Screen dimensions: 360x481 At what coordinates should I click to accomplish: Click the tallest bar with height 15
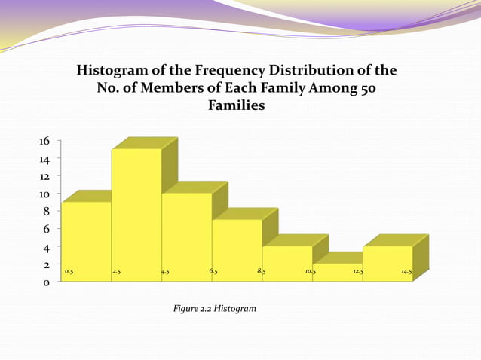coord(136,215)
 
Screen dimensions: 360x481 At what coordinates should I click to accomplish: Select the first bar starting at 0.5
coord(86,241)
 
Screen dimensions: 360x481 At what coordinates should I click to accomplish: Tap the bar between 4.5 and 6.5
coord(186,236)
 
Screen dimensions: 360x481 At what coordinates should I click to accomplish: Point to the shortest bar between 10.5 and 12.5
coord(337,273)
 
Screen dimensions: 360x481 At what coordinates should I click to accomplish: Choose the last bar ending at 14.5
coord(388,263)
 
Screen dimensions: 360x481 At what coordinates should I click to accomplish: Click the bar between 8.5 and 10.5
coord(287,263)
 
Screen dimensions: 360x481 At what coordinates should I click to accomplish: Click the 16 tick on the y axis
coord(44,141)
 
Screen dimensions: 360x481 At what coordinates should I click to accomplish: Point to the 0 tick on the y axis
coord(47,283)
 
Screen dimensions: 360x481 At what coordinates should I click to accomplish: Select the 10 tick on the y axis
coord(44,194)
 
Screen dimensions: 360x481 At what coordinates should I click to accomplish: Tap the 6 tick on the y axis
coord(47,229)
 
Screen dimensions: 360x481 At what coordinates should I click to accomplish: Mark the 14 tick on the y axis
coord(44,159)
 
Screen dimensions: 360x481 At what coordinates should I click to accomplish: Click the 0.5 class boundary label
coord(69,270)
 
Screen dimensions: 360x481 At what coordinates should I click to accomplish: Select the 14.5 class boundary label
coord(406,270)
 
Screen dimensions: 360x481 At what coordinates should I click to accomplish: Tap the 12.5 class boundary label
coord(358,270)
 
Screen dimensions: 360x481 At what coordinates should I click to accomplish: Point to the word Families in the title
coord(236,106)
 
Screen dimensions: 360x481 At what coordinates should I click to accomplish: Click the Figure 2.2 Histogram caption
coord(215,309)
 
